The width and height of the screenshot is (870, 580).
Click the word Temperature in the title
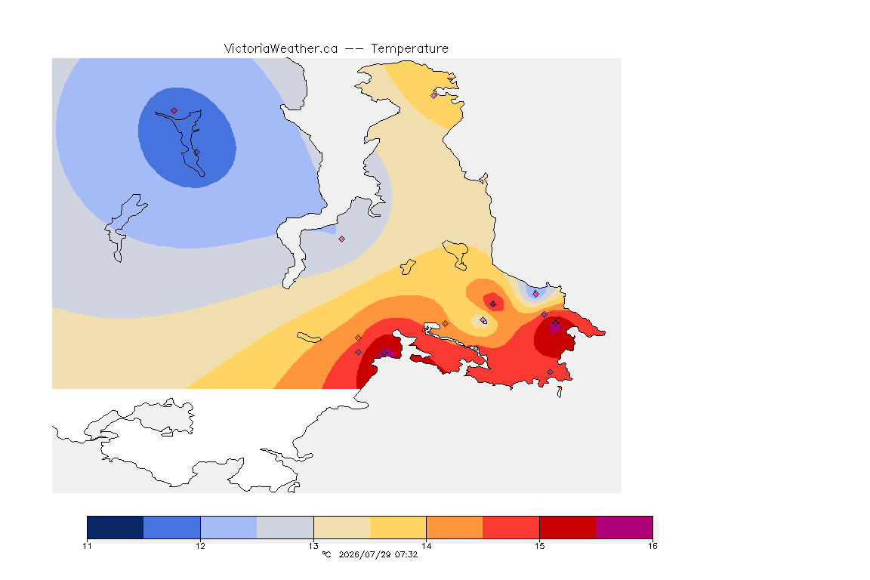(x=409, y=49)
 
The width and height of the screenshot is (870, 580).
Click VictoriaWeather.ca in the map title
(x=281, y=49)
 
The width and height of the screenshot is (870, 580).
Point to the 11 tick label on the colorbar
(x=87, y=546)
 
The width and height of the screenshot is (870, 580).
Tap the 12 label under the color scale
(x=200, y=546)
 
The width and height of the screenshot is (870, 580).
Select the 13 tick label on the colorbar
(x=313, y=546)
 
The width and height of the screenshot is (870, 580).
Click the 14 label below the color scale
(x=427, y=546)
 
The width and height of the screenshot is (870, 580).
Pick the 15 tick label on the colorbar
(x=540, y=546)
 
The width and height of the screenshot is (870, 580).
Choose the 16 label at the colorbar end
(x=652, y=546)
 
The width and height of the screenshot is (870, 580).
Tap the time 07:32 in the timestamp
(x=406, y=554)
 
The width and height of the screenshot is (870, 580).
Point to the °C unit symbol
(x=326, y=554)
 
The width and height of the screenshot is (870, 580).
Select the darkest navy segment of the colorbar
(x=116, y=527)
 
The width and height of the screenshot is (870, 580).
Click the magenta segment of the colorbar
(x=625, y=527)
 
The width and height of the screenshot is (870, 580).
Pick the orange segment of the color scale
(x=455, y=527)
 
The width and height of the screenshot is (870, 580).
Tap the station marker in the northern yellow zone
(x=434, y=95)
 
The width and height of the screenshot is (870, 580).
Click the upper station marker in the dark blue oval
(x=174, y=111)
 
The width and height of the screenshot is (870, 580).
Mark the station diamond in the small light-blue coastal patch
(x=535, y=294)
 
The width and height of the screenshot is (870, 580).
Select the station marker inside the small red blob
(x=492, y=304)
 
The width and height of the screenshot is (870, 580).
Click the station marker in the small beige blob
(x=483, y=320)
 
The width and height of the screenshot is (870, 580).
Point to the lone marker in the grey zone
(x=342, y=239)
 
